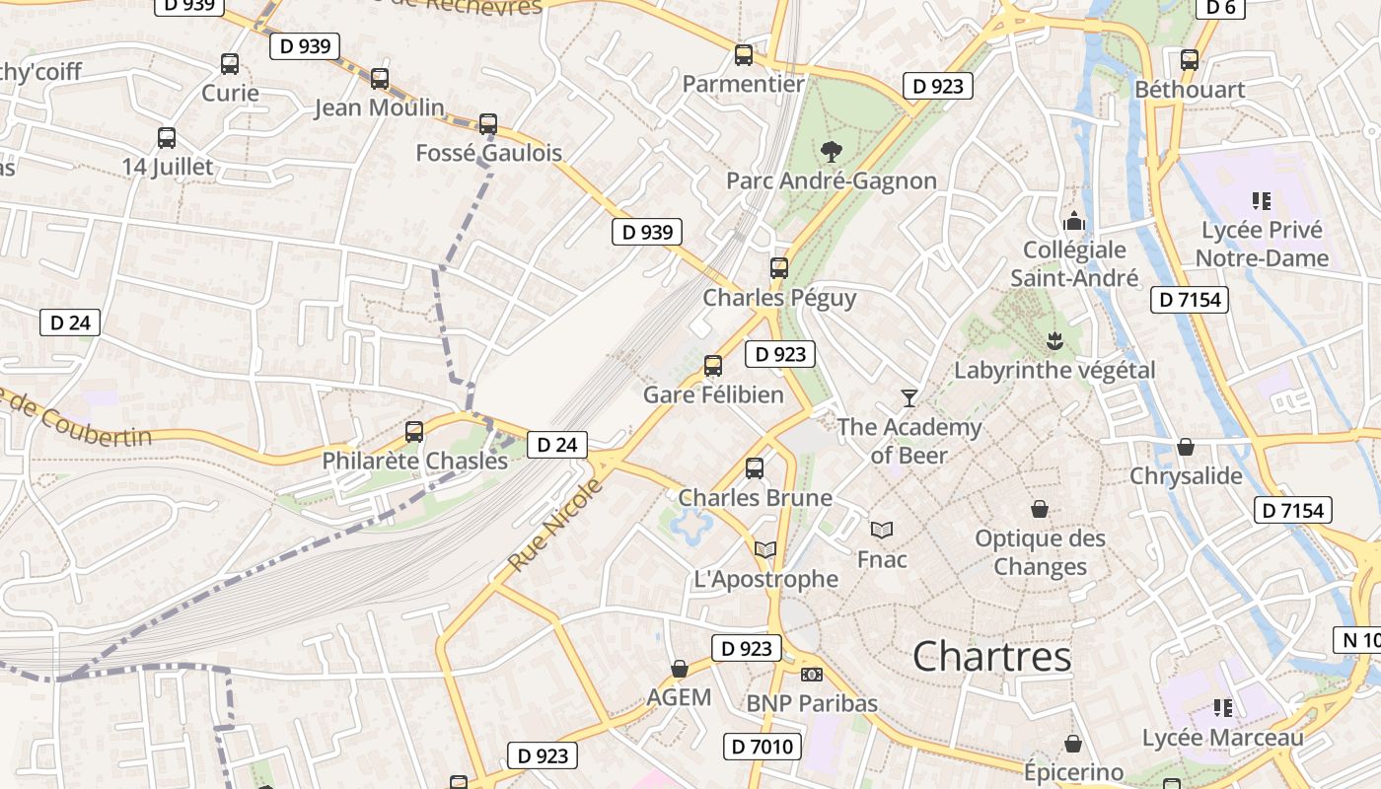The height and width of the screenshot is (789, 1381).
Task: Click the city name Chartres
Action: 991,656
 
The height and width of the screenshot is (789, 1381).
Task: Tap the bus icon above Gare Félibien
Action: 713,366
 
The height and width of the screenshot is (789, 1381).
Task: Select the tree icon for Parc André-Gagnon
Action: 832,151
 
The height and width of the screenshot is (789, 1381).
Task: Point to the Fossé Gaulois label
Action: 488,153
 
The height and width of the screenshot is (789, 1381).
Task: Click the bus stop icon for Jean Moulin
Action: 380,79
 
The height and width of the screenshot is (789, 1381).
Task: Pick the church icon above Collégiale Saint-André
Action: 1074,220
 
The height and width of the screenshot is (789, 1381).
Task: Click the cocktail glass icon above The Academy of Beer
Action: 909,397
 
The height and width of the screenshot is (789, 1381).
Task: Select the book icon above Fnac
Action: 882,530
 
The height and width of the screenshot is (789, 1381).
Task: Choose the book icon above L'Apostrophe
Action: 765,549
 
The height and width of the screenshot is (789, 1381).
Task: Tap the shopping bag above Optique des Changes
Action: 1040,509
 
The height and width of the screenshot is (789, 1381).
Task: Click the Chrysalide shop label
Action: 1186,476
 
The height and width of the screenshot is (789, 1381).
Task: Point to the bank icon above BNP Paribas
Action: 812,675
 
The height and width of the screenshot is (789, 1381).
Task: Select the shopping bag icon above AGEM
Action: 679,669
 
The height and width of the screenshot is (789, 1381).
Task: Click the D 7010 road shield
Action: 763,747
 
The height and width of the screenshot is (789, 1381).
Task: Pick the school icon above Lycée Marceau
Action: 1223,707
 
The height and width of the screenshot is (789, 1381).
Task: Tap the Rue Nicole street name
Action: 554,525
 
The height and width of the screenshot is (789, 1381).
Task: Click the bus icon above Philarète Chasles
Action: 414,431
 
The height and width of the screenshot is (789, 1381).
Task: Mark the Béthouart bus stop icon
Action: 1190,59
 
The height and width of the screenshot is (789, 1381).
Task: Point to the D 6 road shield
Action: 1220,8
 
